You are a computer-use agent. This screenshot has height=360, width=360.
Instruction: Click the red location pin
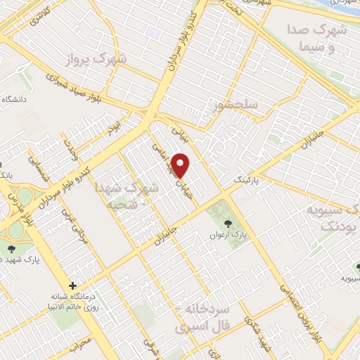pos(181,165)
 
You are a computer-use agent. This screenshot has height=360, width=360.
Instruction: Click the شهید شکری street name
pos(252,330)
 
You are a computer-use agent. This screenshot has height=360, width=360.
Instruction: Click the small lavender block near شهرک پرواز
pos(154,32)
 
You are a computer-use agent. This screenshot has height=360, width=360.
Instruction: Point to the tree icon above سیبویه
pos(358,267)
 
